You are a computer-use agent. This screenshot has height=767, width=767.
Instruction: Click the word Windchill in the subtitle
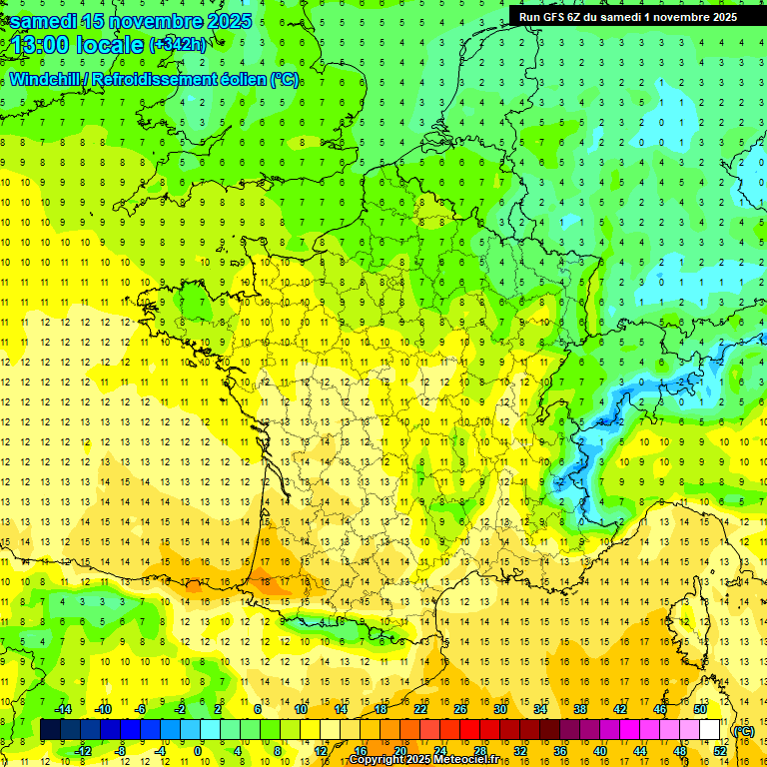click(45, 79)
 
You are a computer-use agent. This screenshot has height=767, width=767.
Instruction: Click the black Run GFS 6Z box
click(627, 16)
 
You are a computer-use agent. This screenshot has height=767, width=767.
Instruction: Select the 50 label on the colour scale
click(699, 709)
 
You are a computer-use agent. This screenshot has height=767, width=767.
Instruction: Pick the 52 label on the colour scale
click(719, 750)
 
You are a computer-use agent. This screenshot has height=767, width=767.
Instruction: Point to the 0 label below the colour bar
click(198, 750)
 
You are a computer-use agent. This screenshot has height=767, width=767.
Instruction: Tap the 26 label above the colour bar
click(460, 709)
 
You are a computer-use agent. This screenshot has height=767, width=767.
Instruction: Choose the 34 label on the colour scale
click(540, 709)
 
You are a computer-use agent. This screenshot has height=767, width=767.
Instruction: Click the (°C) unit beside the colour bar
click(744, 730)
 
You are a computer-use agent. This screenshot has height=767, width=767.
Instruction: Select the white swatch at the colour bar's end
click(710, 730)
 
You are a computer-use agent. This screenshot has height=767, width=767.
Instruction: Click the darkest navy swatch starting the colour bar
click(50, 730)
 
